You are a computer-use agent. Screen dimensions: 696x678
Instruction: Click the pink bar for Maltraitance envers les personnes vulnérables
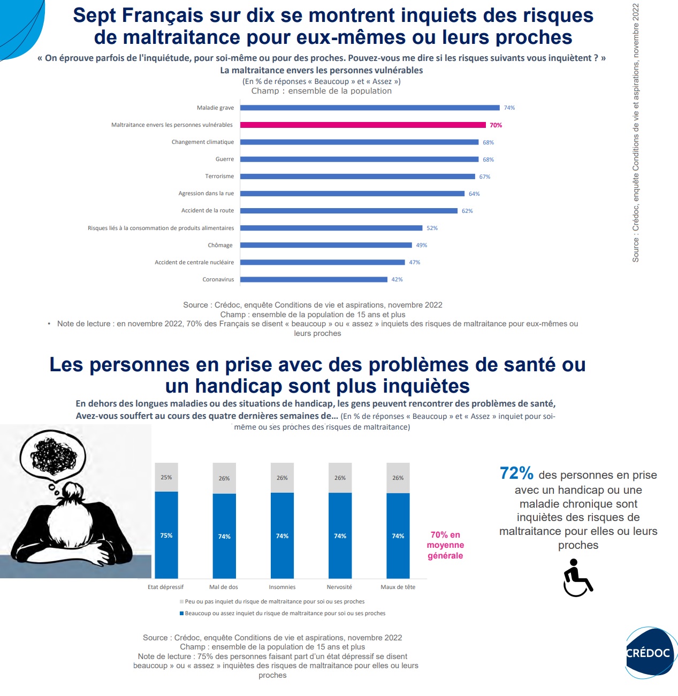coord(363,125)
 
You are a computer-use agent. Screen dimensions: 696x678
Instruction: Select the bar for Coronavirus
coord(314,279)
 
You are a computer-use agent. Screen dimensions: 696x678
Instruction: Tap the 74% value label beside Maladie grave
coord(509,108)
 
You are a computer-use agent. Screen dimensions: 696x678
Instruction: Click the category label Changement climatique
coord(203,142)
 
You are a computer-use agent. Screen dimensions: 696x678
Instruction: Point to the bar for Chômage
coord(326,245)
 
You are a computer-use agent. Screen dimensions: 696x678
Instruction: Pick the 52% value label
coord(432,228)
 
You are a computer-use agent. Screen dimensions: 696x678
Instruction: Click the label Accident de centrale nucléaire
coord(194,262)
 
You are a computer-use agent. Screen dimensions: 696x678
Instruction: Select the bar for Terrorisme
coord(357,177)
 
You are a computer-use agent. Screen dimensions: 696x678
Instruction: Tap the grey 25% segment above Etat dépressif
coord(166,477)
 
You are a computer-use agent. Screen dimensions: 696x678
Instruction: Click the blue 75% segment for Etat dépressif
coord(166,535)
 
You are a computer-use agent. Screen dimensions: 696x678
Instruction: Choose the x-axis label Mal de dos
coord(224,587)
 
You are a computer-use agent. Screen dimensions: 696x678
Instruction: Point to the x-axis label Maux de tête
coord(398,587)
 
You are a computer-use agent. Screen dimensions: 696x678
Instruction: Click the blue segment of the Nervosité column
coord(340,536)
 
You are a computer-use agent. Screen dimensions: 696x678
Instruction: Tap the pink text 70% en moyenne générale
coord(445,545)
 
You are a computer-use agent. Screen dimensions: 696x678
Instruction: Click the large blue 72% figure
coord(516,473)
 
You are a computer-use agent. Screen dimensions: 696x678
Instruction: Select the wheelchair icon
coord(577,578)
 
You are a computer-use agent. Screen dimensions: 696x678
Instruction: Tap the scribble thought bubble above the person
coord(52,455)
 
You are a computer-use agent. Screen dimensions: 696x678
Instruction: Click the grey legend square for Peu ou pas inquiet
coord(182,602)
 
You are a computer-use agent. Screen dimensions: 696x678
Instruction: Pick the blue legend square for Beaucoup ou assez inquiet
coord(182,614)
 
